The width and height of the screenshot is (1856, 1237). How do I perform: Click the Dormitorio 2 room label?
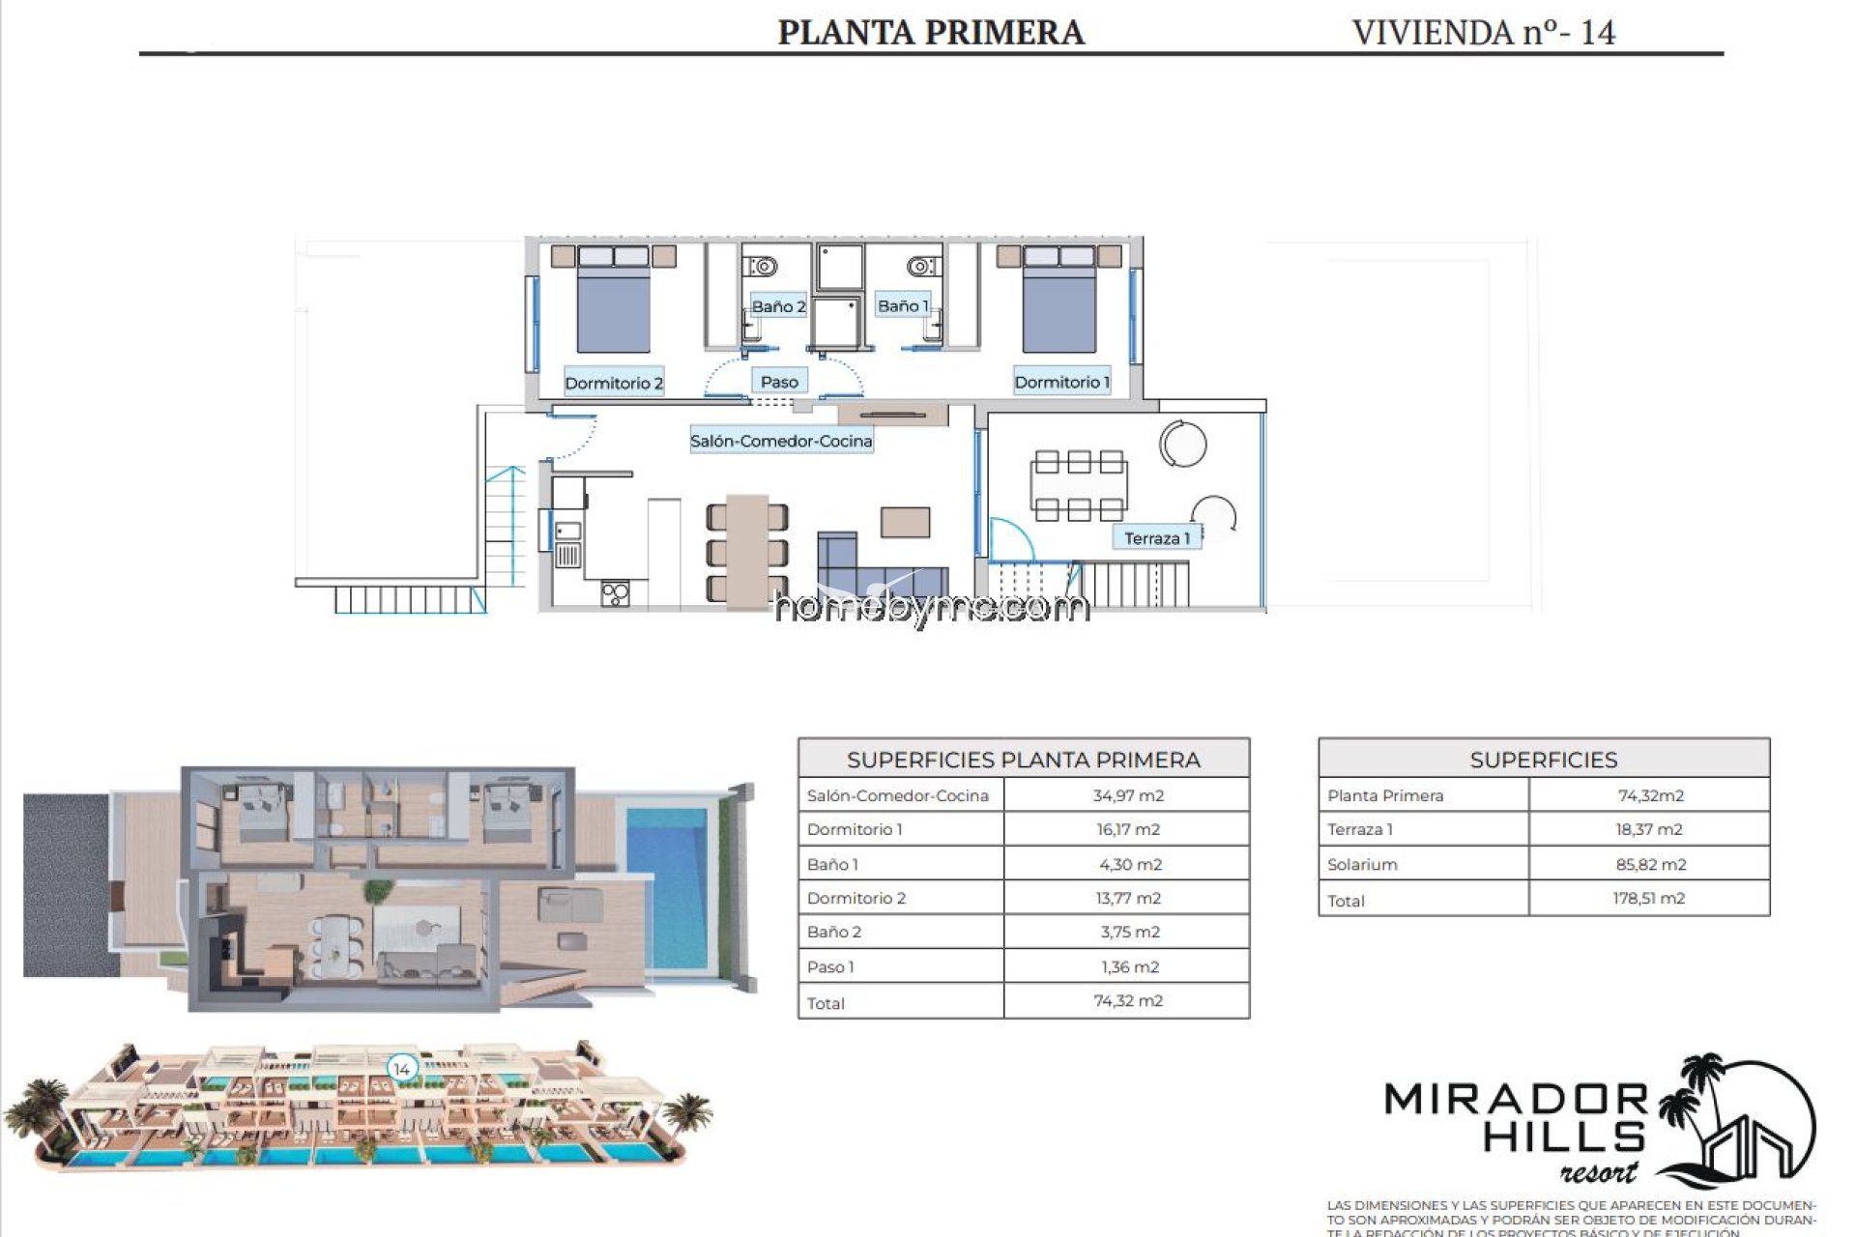(x=613, y=383)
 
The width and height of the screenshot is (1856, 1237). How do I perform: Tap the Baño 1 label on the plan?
(x=902, y=305)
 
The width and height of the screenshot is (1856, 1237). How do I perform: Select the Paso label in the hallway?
(x=779, y=382)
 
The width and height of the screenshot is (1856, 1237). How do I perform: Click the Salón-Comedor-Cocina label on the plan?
(x=781, y=441)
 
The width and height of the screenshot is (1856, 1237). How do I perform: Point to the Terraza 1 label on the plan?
(x=1156, y=538)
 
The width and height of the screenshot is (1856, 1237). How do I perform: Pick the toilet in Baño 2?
(x=764, y=265)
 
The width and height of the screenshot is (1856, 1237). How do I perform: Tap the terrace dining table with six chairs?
(x=1079, y=484)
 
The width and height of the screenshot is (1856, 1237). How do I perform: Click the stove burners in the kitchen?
(x=616, y=593)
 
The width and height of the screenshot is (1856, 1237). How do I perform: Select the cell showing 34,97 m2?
(x=1127, y=795)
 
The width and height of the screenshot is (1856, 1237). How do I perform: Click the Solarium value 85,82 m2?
(x=1649, y=864)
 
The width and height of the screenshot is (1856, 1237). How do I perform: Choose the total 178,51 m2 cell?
(x=1648, y=899)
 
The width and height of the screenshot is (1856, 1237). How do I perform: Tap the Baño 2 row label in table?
(x=834, y=932)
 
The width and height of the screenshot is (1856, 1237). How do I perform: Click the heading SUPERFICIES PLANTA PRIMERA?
(x=1023, y=760)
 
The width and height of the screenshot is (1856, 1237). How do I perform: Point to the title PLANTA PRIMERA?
(x=931, y=32)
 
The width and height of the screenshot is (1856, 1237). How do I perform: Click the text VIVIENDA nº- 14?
(x=1483, y=32)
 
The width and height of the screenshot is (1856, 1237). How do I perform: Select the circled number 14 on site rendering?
(x=401, y=1069)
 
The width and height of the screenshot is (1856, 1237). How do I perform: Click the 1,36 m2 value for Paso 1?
(x=1129, y=966)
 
